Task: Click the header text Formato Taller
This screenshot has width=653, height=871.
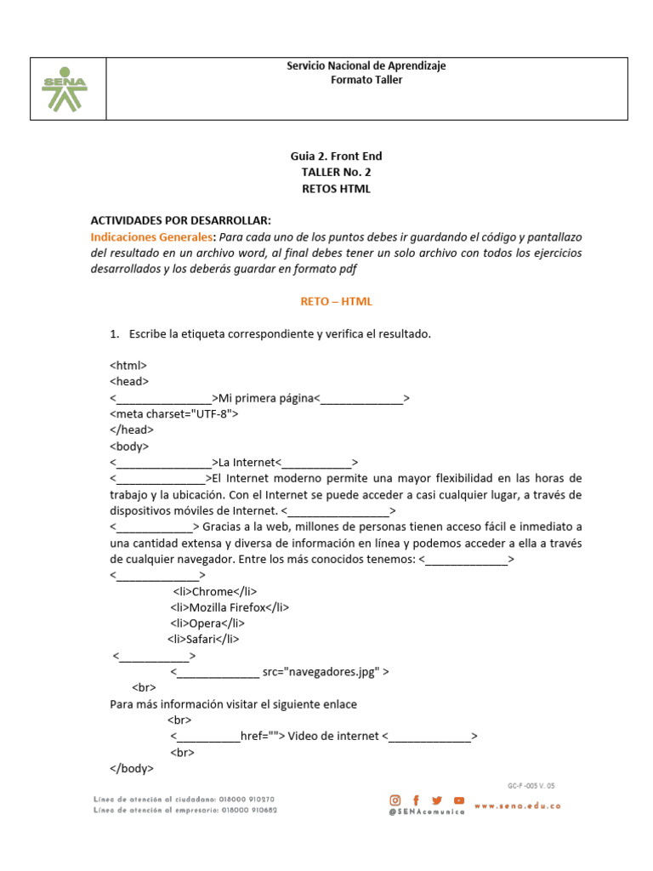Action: click(x=366, y=80)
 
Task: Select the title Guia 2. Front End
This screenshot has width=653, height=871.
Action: click(x=336, y=156)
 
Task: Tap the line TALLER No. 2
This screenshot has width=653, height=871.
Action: click(x=336, y=172)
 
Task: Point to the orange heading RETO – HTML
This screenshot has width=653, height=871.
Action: click(x=336, y=301)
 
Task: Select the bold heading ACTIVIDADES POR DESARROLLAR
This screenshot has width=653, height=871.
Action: click(x=180, y=220)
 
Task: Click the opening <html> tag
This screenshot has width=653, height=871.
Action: click(x=128, y=365)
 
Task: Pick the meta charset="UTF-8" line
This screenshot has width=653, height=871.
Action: click(x=174, y=413)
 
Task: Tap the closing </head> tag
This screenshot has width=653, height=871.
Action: click(x=132, y=430)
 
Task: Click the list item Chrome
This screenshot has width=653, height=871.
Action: click(x=214, y=591)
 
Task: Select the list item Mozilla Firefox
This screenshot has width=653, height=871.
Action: click(x=230, y=607)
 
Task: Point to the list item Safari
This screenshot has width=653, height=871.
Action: click(x=203, y=640)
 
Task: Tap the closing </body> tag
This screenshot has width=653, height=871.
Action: click(x=132, y=768)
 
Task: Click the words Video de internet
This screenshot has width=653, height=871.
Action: click(x=332, y=736)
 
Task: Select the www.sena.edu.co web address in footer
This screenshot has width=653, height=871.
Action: click(x=517, y=806)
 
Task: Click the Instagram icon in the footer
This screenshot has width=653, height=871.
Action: click(x=395, y=800)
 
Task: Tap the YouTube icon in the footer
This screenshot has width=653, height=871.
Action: click(x=459, y=800)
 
